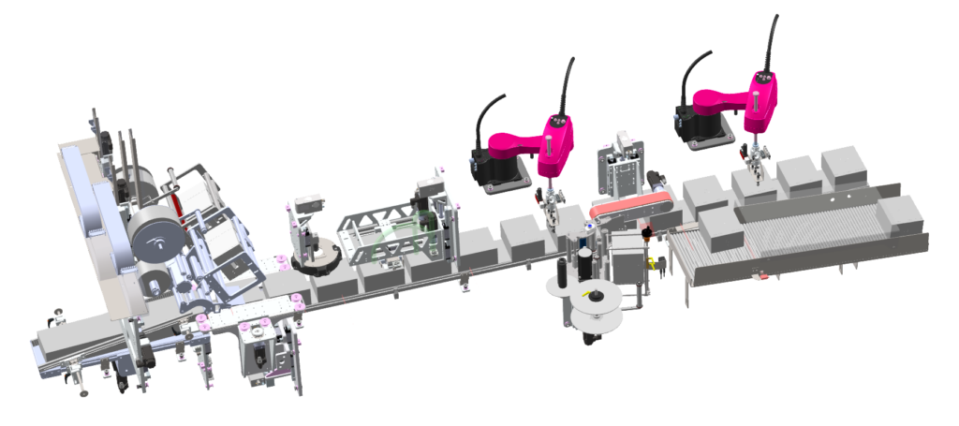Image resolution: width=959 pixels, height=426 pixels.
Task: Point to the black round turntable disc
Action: click(x=314, y=258)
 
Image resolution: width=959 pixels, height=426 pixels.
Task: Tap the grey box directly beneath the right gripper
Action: click(x=754, y=187)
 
